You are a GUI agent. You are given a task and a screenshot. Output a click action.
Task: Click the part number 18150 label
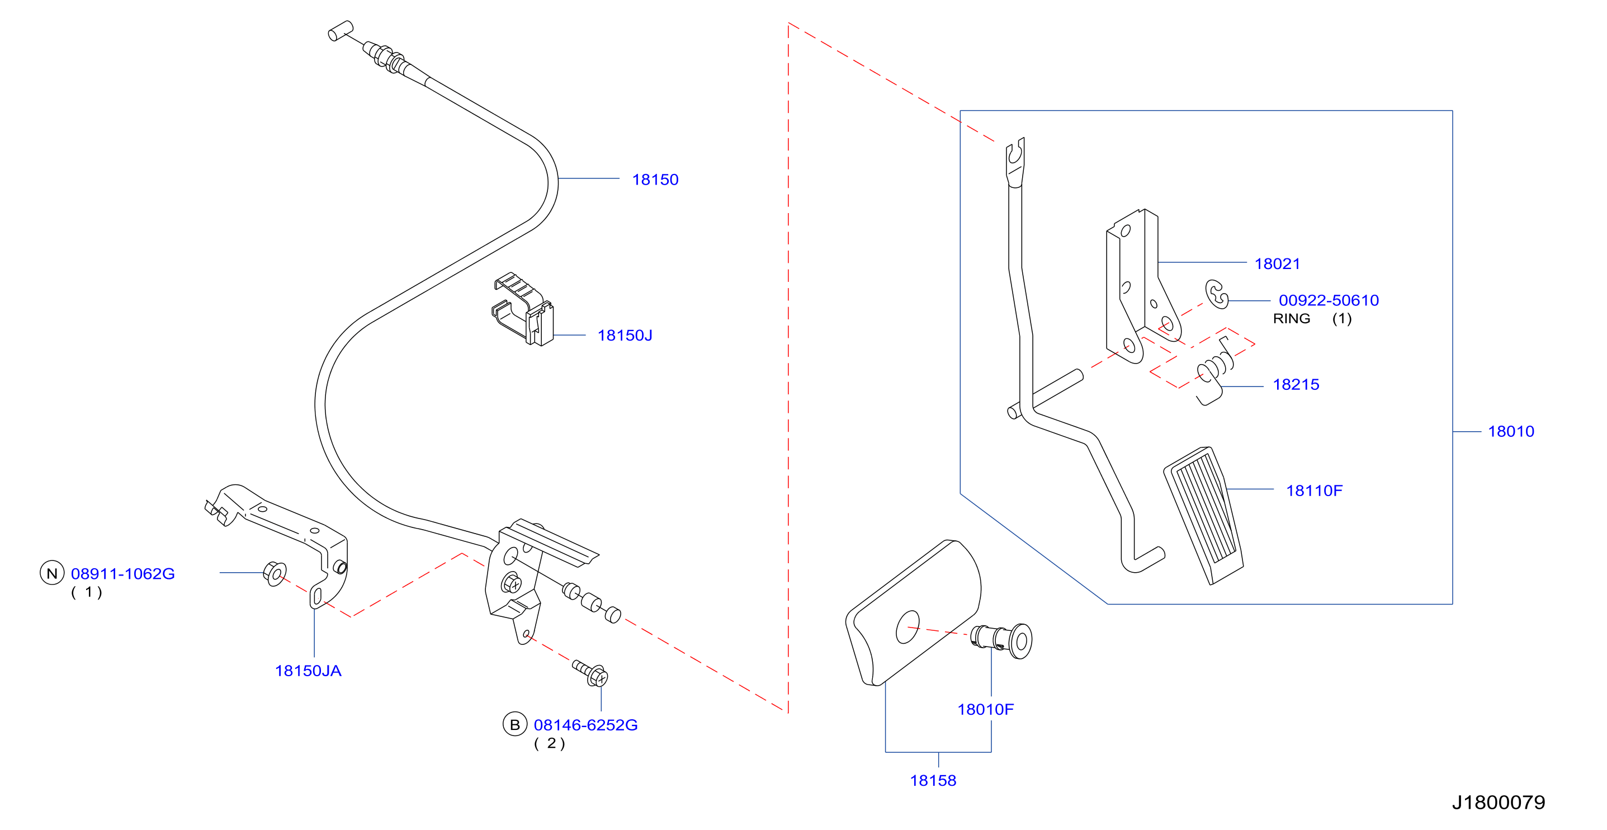click(x=655, y=180)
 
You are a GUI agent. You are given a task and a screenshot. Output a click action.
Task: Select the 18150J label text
click(x=625, y=336)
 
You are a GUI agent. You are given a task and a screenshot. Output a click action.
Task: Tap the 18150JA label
click(x=308, y=671)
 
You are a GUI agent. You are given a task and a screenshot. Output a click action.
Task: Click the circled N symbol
click(x=53, y=573)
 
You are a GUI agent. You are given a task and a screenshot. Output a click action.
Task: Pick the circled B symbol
click(x=514, y=724)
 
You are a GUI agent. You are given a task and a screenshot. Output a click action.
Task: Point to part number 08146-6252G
click(x=586, y=725)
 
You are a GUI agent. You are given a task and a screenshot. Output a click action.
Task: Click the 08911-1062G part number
click(x=123, y=573)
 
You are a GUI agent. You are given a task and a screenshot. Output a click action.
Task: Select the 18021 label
click(x=1277, y=264)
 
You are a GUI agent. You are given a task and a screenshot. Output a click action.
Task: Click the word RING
click(x=1291, y=319)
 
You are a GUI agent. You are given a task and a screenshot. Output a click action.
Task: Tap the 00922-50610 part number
click(x=1329, y=300)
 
